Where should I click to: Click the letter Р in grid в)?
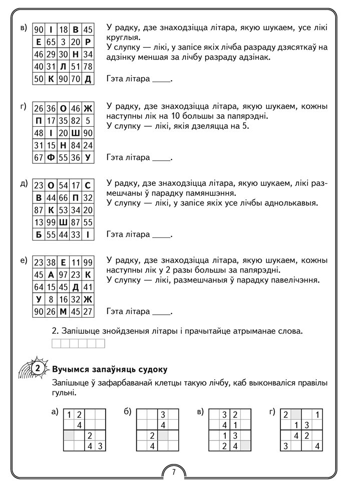point(88,42)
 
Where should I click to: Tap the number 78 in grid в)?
point(88,67)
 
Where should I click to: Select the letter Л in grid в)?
point(63,67)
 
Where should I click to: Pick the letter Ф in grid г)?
point(51,158)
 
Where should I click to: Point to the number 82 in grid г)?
point(76,120)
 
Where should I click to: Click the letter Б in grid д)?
point(39,233)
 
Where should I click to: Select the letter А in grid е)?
point(51,275)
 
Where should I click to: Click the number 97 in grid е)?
point(63,275)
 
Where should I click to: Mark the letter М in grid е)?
point(63,312)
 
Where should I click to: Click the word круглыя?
point(121,38)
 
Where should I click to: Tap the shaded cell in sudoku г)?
point(296,414)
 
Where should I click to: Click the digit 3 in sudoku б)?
point(162,414)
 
